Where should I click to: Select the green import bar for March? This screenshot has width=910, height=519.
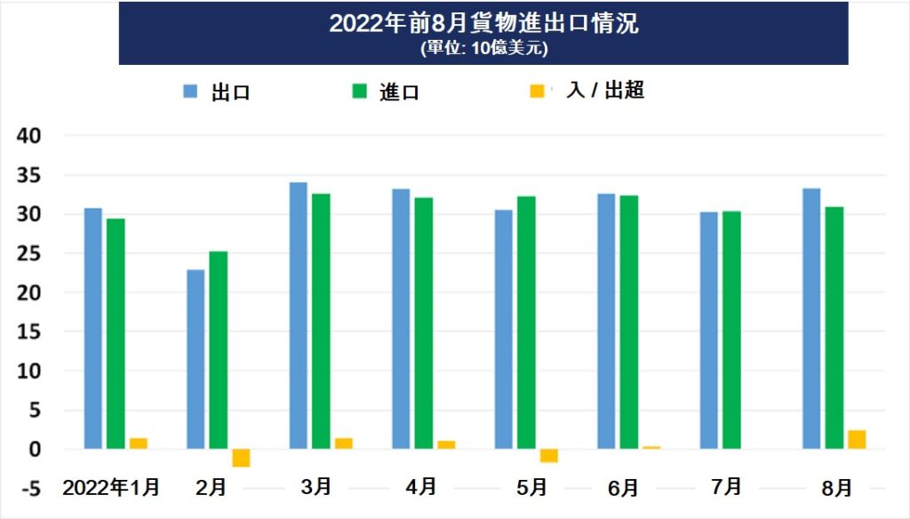coord(321,321)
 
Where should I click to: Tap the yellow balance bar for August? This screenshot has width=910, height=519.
coord(857,439)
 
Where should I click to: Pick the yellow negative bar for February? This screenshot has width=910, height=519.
coord(241,458)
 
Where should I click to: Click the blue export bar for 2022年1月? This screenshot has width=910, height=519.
coord(93,328)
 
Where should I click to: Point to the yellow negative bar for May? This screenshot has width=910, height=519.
coord(549,456)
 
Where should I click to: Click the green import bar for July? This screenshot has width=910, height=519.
coord(731,330)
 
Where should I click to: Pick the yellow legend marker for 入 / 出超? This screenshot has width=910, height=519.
coord(538,92)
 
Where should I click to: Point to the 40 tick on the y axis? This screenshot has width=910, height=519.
coord(30,136)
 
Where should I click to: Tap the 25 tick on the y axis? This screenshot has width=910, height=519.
coord(30,253)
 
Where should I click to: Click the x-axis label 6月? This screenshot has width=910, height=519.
coord(624,488)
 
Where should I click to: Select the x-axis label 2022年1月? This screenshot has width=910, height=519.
coord(112,487)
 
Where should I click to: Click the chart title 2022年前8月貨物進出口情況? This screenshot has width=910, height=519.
coord(483,23)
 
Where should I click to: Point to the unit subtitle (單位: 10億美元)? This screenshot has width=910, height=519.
coord(483,49)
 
